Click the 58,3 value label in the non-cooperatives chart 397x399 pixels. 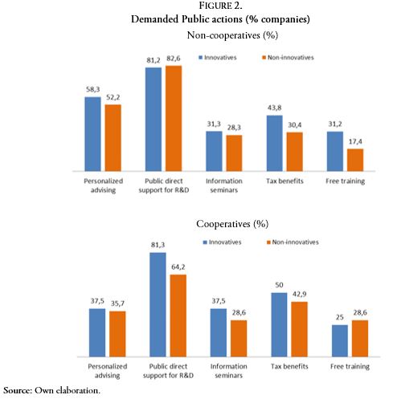tap(92, 91)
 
